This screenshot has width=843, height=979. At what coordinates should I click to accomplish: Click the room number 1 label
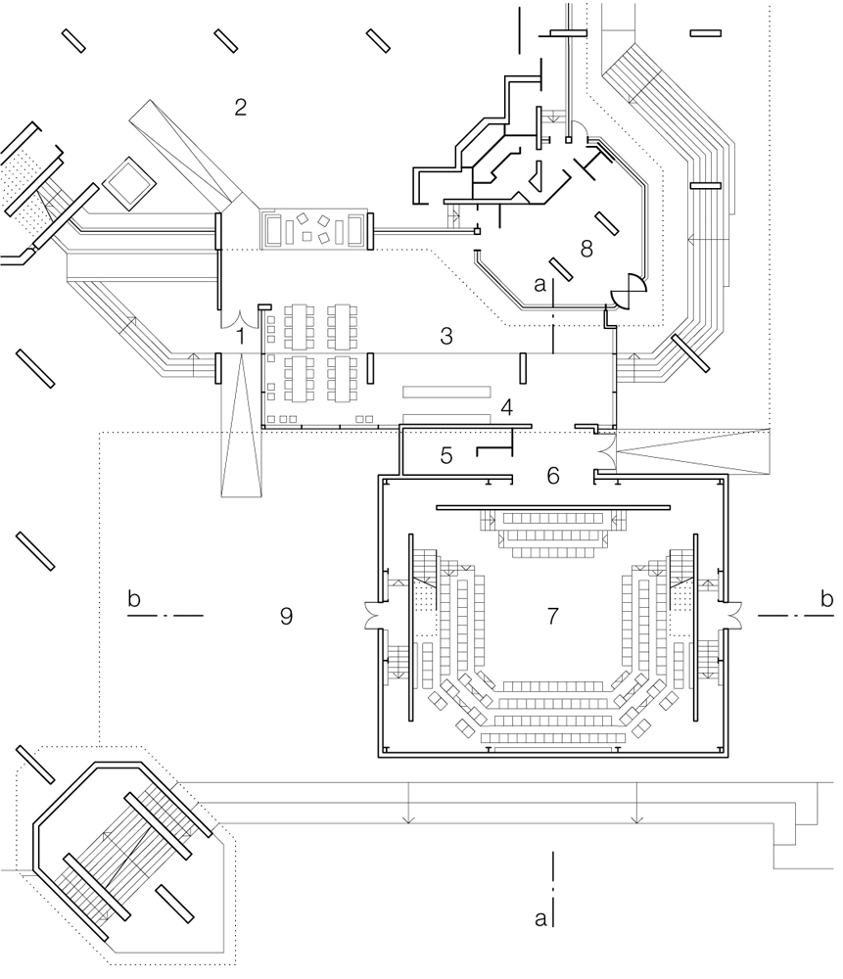(240, 336)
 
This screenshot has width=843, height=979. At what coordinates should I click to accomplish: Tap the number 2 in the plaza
(240, 107)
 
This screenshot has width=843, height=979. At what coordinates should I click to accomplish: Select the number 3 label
(445, 337)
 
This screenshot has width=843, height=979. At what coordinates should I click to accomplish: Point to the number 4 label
(505, 407)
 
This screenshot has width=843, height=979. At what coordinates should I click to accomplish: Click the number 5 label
(445, 455)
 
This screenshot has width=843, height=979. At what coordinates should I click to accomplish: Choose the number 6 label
(553, 476)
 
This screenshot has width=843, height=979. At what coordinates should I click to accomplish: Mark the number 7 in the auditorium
(553, 616)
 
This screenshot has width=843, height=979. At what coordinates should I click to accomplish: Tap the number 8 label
(586, 249)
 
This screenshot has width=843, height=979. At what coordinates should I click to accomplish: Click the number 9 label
(286, 616)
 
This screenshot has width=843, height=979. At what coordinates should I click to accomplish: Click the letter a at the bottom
(539, 918)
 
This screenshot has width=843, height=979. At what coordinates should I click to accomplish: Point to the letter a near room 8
(539, 284)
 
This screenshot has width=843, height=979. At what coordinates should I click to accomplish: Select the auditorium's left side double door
(372, 615)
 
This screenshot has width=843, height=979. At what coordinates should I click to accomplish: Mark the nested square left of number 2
(128, 182)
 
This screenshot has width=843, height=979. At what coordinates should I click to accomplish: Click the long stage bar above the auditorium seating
(552, 507)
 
